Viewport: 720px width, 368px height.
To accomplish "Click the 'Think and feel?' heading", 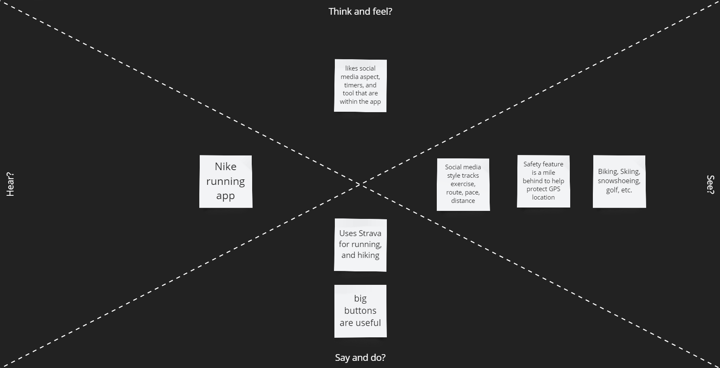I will pyautogui.click(x=360, y=11).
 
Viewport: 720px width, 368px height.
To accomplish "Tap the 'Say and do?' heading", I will pyautogui.click(x=360, y=357).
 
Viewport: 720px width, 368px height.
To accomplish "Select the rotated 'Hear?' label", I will pyautogui.click(x=10, y=184).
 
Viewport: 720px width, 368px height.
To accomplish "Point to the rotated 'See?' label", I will pyautogui.click(x=710, y=184).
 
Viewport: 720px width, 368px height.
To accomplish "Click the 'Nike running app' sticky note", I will pyautogui.click(x=226, y=181).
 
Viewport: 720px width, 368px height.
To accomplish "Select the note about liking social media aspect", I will pyautogui.click(x=360, y=86).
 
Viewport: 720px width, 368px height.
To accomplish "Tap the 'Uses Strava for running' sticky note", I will pyautogui.click(x=360, y=245).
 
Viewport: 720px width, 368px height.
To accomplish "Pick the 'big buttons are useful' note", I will pyautogui.click(x=360, y=311).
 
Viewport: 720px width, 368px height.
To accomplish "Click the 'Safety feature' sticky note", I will pyautogui.click(x=543, y=181).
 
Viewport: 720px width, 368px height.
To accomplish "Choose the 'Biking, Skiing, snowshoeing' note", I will pyautogui.click(x=619, y=181).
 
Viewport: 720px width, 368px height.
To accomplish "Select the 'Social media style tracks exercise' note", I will pyautogui.click(x=463, y=184).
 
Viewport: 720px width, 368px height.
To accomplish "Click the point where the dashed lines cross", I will pyautogui.click(x=360, y=184).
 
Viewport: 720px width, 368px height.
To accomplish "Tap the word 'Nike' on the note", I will pyautogui.click(x=226, y=167).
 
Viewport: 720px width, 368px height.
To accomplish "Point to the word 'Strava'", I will pyautogui.click(x=370, y=233).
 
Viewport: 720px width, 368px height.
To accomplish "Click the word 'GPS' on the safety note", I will pyautogui.click(x=555, y=189).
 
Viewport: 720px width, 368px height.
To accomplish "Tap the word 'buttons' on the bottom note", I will pyautogui.click(x=360, y=310).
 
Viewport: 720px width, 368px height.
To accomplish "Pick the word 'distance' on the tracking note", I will pyautogui.click(x=463, y=201).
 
